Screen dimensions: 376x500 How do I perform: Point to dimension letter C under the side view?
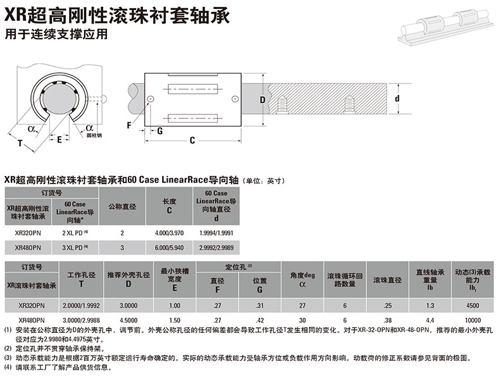[192, 141]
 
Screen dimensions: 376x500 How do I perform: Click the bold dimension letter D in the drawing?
[262, 99]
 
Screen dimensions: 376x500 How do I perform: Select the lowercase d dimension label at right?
[397, 99]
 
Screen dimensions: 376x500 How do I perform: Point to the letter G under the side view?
[159, 131]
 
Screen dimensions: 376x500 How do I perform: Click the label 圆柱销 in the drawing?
[94, 135]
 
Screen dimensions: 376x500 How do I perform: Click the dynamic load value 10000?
[473, 320]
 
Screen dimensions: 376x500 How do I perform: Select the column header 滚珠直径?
[386, 280]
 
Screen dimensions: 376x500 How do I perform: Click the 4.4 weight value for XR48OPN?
[430, 320]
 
